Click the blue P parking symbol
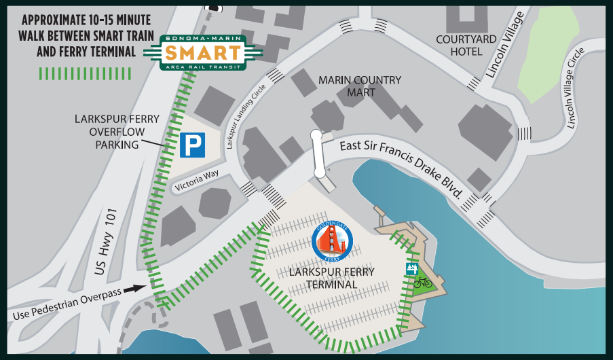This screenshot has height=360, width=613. pyautogui.click(x=193, y=145)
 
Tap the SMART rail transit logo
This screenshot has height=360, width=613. pyautogui.click(x=202, y=52)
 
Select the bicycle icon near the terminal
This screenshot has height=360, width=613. pyautogui.click(x=423, y=281)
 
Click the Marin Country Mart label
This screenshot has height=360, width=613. pyautogui.click(x=360, y=86)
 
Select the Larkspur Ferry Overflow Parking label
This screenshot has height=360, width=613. pyautogui.click(x=117, y=132)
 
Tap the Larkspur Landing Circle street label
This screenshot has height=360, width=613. pyautogui.click(x=247, y=120)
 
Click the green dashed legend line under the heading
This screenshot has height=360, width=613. pyautogui.click(x=86, y=73)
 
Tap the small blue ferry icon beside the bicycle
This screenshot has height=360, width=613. pyautogui.click(x=410, y=269)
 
